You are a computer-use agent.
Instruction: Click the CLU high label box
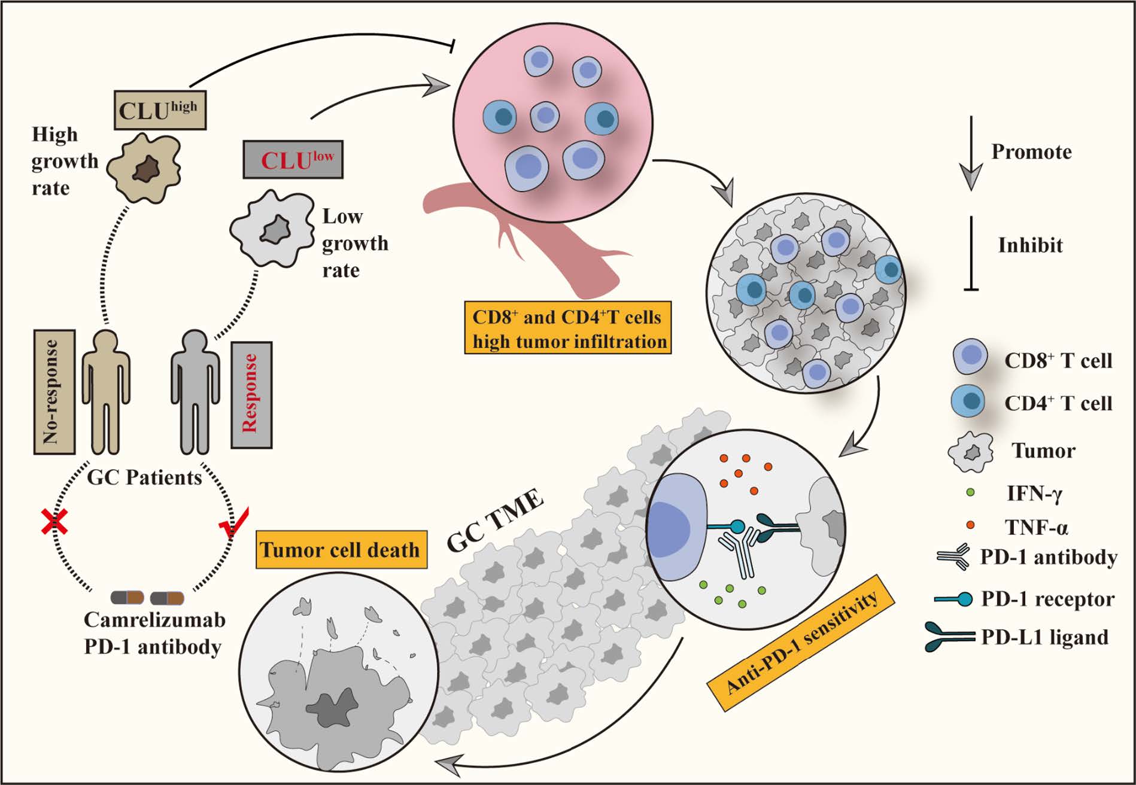160,110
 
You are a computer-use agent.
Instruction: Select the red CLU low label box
293,160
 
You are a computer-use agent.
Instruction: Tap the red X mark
54,522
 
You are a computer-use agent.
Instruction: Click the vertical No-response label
54,392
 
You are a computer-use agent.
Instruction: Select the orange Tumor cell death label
341,549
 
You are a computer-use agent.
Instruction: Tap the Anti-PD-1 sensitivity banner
801,643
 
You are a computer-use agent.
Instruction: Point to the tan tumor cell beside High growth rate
144,168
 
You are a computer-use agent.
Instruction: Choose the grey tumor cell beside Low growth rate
273,229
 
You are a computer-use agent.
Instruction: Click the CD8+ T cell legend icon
970,357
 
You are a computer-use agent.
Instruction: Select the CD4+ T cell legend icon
968,400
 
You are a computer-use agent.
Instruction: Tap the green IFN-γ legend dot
970,492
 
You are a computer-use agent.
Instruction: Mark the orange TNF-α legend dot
970,525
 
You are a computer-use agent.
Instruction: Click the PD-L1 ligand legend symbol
952,637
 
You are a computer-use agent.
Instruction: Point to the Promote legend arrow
971,153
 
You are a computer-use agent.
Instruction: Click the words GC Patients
145,477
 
